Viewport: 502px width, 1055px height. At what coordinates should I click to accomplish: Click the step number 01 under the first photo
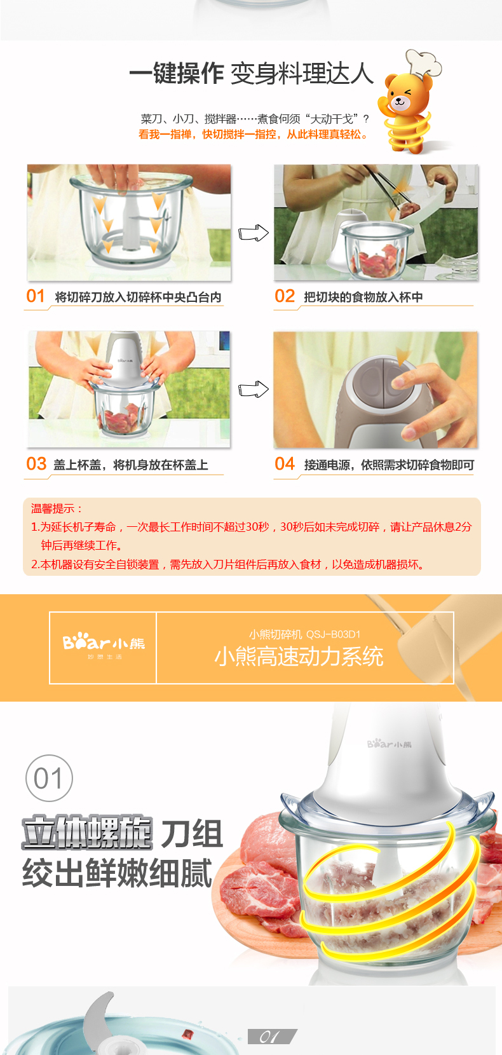tap(36, 296)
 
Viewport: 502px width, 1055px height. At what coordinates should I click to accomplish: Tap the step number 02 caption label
tap(285, 296)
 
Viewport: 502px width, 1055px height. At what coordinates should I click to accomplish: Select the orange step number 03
tap(36, 464)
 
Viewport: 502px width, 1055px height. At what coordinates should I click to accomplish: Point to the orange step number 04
tap(285, 464)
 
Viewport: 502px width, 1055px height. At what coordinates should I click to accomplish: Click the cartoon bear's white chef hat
tap(423, 63)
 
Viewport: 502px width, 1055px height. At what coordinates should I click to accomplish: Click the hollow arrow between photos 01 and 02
tap(254, 233)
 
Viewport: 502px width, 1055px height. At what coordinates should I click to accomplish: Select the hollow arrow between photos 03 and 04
tap(254, 390)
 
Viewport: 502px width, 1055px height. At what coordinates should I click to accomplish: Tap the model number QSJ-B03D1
tap(333, 634)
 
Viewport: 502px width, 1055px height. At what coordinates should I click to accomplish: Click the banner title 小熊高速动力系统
tap(299, 657)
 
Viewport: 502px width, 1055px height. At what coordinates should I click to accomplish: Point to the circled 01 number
tap(49, 778)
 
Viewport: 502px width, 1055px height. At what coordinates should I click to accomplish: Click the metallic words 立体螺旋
tap(87, 833)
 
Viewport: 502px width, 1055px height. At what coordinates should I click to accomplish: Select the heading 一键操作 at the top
tap(177, 74)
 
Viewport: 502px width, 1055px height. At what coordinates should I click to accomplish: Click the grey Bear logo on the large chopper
tap(390, 744)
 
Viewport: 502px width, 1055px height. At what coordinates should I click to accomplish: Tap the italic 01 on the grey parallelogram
tap(270, 1037)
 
